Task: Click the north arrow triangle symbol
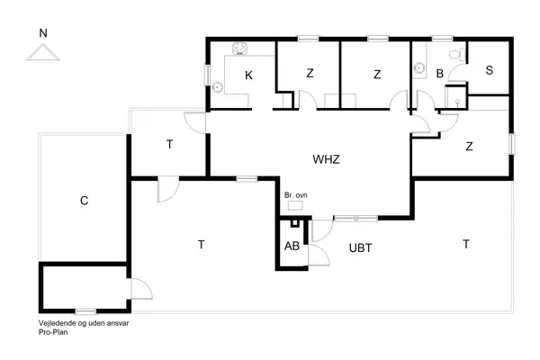(41, 53)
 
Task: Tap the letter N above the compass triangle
(41, 33)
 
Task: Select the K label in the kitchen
(248, 76)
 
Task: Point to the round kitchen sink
(218, 87)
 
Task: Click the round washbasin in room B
(419, 67)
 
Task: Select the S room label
(489, 71)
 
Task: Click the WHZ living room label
(326, 158)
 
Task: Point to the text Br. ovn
(295, 194)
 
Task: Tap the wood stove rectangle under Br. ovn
(294, 206)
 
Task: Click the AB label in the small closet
(292, 247)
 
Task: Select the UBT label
(360, 247)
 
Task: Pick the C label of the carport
(84, 201)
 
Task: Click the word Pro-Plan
(53, 332)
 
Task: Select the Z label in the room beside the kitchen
(309, 74)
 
